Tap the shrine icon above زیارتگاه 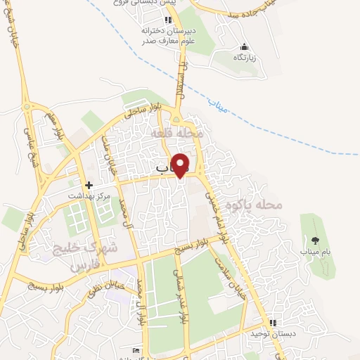point(244,47)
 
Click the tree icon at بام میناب point(314,240)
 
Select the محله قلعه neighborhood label point(181,132)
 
